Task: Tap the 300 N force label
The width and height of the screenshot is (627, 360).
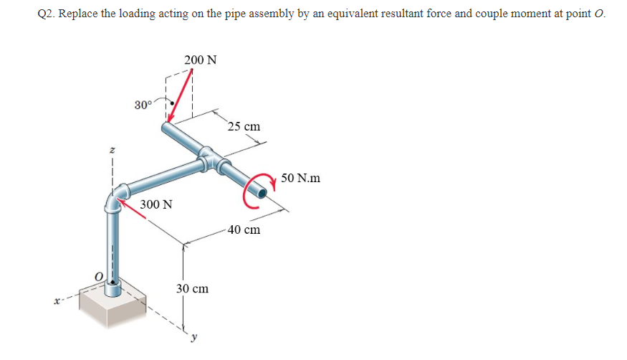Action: pyautogui.click(x=156, y=204)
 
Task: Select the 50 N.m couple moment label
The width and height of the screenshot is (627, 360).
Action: pyautogui.click(x=301, y=177)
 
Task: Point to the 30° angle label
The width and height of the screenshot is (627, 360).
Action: pyautogui.click(x=143, y=105)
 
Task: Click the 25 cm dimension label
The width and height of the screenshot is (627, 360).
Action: pyautogui.click(x=244, y=127)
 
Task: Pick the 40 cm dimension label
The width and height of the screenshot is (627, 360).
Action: pyautogui.click(x=244, y=229)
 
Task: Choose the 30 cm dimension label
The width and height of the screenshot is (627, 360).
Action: pyautogui.click(x=192, y=288)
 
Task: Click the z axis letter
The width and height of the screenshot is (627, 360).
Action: pyautogui.click(x=111, y=151)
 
